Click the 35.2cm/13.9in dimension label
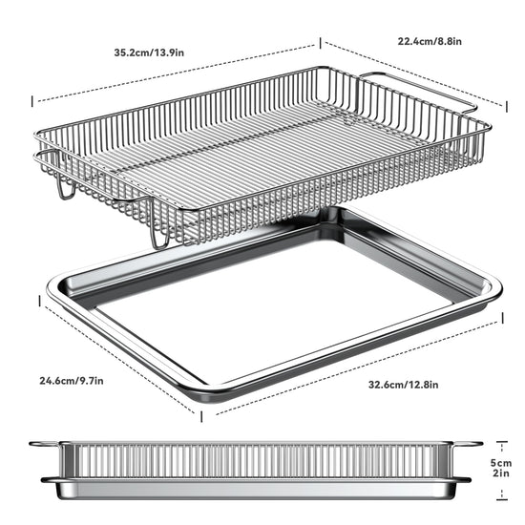[149, 52]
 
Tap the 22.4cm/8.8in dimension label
[430, 41]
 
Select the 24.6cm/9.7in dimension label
[72, 381]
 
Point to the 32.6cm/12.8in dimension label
[404, 385]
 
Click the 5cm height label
[501, 463]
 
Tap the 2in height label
[501, 473]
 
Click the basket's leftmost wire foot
[67, 191]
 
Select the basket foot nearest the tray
[160, 240]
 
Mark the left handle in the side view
[45, 444]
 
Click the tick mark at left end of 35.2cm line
[32, 101]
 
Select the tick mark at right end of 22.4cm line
[507, 107]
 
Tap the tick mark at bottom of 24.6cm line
[201, 416]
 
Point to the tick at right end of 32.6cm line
[502, 318]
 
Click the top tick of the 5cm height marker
[501, 442]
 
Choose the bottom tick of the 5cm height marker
[501, 499]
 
